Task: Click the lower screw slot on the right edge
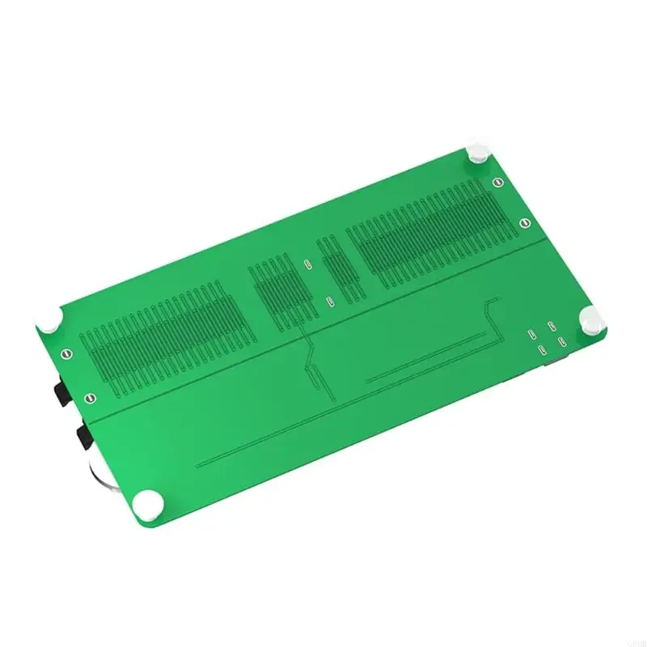pyautogui.click(x=524, y=223)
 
